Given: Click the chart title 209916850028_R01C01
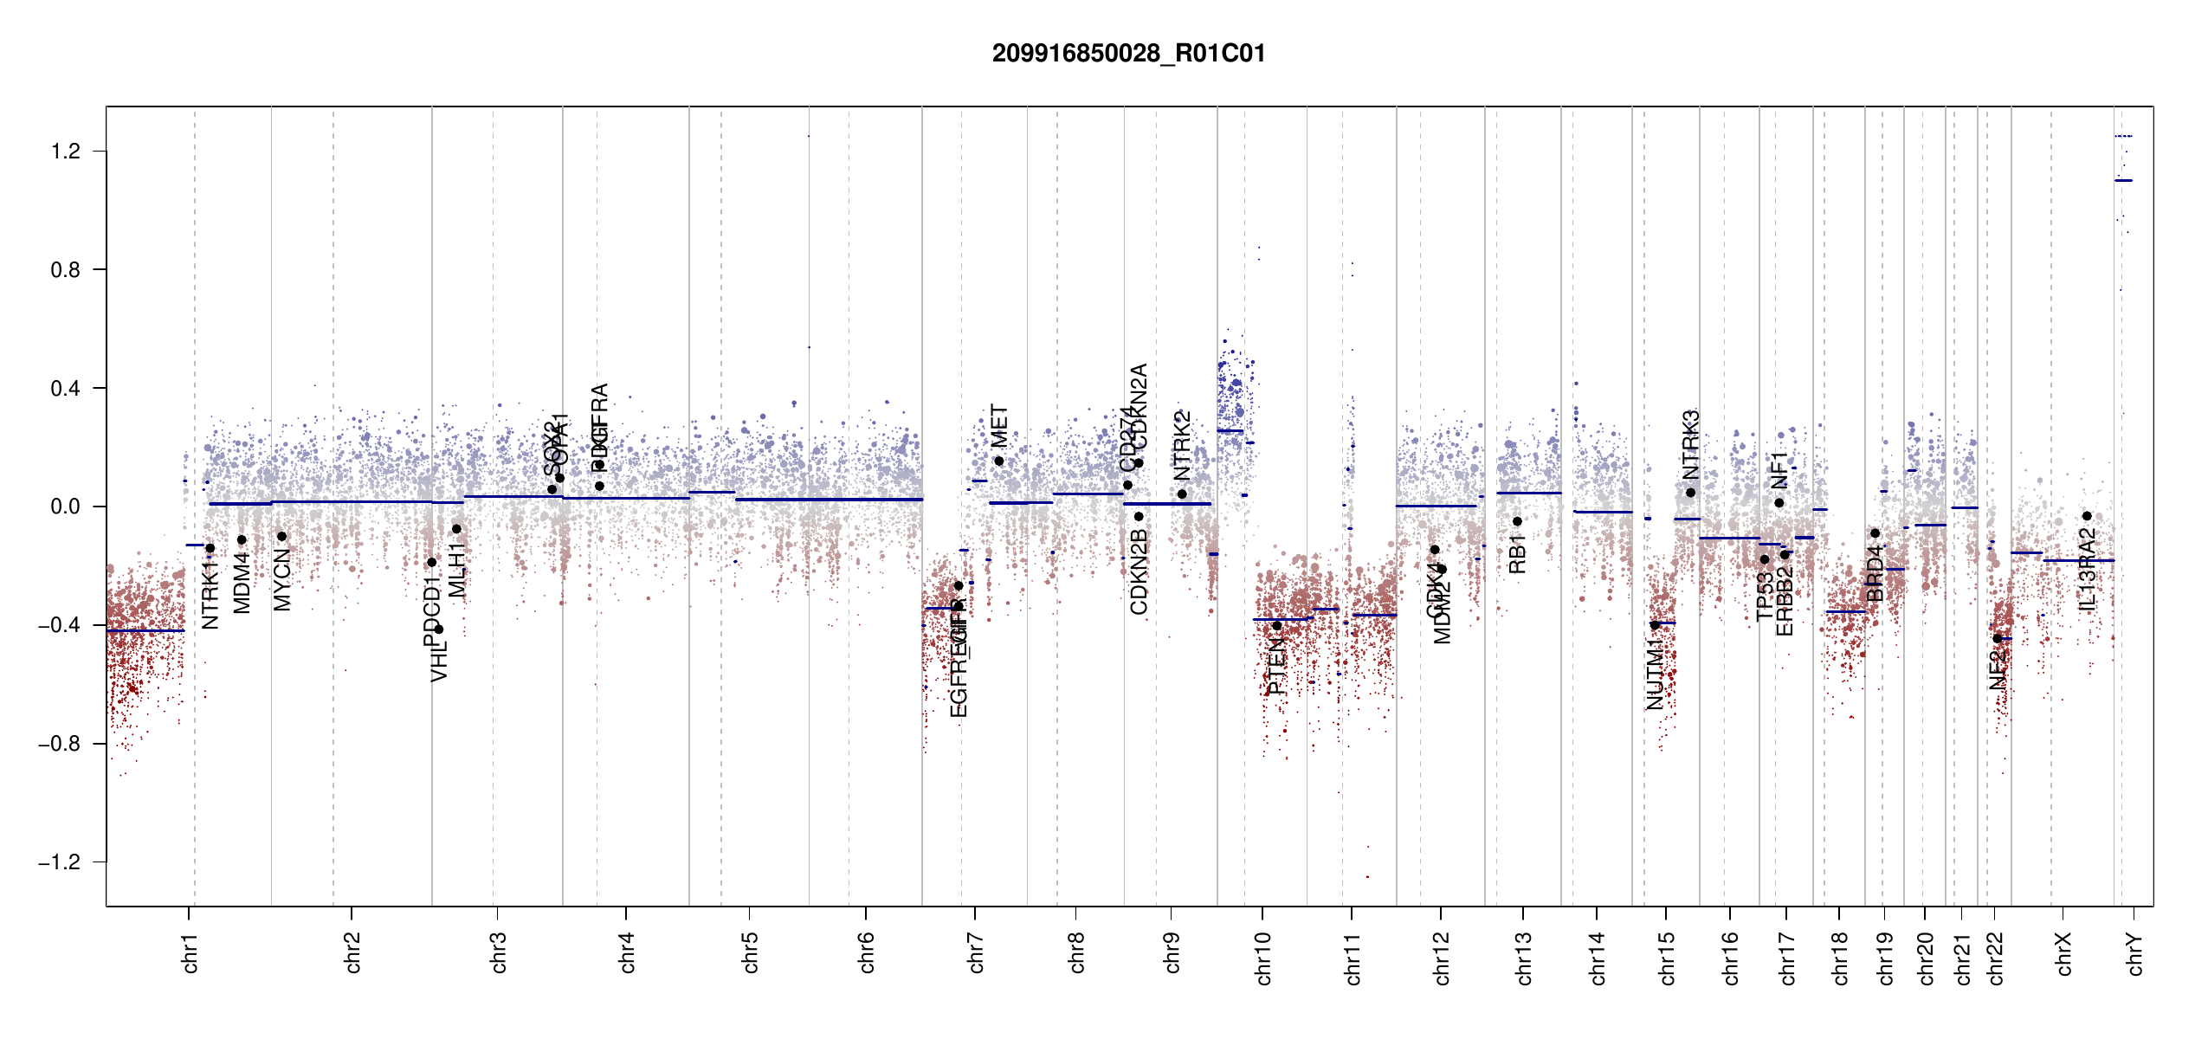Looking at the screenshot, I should click(1128, 54).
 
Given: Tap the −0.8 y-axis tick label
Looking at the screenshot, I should click(59, 744).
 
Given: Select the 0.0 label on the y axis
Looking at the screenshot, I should click(66, 507).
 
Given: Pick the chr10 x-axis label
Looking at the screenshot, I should click(1263, 958).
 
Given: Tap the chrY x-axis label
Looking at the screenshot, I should click(2135, 953).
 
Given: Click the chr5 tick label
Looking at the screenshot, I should click(750, 952).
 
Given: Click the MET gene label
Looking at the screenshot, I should click(999, 426).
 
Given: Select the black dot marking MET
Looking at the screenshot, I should click(999, 461).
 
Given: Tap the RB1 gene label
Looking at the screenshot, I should click(1517, 554).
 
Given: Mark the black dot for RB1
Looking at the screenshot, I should click(1517, 521).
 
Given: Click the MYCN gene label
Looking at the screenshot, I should click(282, 579).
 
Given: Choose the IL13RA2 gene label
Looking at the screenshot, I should click(2088, 569).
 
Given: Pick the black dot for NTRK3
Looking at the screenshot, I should click(1690, 493).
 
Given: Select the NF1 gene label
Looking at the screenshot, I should click(1779, 470).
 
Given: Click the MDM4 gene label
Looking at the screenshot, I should click(242, 583).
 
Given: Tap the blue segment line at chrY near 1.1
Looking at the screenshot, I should click(2123, 180).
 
